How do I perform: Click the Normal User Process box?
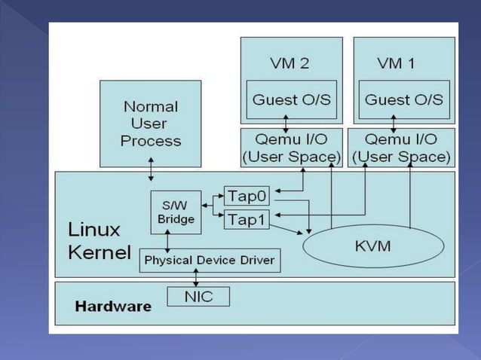click(151, 124)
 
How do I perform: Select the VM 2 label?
click(290, 63)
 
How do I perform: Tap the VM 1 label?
click(396, 63)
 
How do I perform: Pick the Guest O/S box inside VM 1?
click(404, 99)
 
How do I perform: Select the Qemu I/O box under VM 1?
click(402, 147)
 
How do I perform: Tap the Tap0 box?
click(247, 196)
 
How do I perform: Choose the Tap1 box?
click(247, 219)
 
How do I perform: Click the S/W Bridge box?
click(176, 212)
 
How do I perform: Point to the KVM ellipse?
click(372, 246)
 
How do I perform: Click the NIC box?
click(198, 297)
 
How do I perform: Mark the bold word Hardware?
click(113, 307)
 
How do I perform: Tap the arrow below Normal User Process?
click(152, 169)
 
